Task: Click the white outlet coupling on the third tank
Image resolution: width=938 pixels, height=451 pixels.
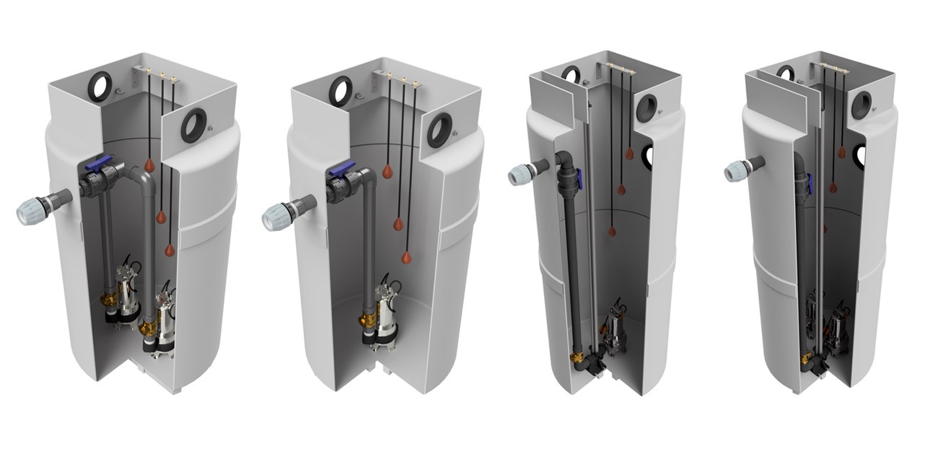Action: (x=521, y=174)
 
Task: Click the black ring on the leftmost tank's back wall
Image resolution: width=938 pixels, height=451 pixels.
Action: (x=98, y=87)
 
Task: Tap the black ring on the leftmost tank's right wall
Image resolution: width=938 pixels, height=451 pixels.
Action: (x=193, y=126)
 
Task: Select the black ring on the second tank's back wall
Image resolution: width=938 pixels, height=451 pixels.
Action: (x=341, y=89)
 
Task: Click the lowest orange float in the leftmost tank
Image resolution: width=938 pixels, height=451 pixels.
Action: (x=170, y=250)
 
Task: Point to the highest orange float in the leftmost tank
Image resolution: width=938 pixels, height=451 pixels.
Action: (x=149, y=164)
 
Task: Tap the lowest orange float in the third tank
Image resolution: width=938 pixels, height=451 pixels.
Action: (x=612, y=231)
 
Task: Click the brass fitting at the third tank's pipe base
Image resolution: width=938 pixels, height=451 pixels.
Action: (x=577, y=358)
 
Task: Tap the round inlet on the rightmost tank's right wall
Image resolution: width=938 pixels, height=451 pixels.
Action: (x=861, y=105)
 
